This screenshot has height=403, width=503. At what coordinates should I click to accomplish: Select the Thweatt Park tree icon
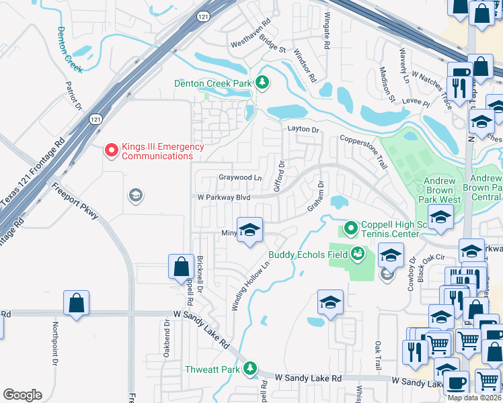[x=249, y=369]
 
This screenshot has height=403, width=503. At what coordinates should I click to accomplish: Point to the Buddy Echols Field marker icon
[x=358, y=254]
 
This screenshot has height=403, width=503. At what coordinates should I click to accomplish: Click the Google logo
[x=22, y=395]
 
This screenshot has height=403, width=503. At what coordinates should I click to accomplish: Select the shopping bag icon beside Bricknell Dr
[x=182, y=266]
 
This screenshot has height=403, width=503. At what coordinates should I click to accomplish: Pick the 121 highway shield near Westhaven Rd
[x=202, y=15]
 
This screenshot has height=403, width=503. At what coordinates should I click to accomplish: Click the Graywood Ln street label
[x=240, y=178]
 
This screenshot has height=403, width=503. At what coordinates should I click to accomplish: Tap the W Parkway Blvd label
[x=223, y=197]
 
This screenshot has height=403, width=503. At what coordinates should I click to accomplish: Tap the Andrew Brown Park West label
[x=440, y=190]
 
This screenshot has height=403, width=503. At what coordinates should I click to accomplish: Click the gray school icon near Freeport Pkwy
[x=135, y=195]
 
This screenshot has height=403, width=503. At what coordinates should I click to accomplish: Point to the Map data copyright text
[x=475, y=398]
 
